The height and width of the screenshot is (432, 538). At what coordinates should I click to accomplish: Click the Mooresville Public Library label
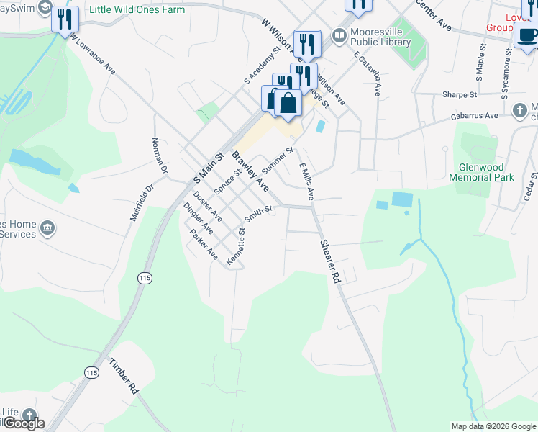click(x=380, y=37)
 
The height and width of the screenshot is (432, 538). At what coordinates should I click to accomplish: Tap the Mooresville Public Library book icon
click(x=338, y=35)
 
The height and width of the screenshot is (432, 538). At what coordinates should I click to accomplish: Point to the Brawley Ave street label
click(x=250, y=171)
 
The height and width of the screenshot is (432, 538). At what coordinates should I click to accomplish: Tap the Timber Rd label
click(x=123, y=375)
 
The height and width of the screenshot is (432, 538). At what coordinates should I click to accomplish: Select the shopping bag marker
click(x=288, y=102)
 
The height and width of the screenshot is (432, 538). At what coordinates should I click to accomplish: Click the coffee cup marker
click(x=526, y=35)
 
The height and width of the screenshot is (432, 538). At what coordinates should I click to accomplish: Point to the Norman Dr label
click(x=159, y=156)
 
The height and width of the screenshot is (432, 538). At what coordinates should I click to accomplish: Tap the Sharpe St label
click(x=460, y=94)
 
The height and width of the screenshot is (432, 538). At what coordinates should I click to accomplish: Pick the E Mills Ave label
click(x=306, y=182)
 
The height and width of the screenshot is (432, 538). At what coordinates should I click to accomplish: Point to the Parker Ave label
click(x=203, y=245)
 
